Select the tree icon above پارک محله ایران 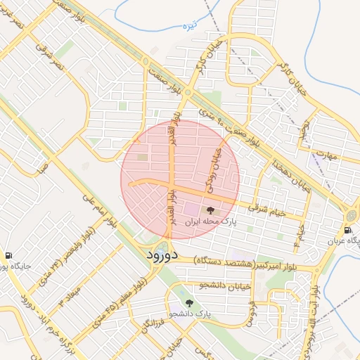pyautogui.click(x=210, y=210)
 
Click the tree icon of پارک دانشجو pyautogui.click(x=188, y=303)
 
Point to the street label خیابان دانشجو pyautogui.click(x=221, y=285)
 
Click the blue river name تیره pyautogui.click(x=188, y=27)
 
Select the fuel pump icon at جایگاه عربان pyautogui.click(x=348, y=230)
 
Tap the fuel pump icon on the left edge pyautogui.click(x=8, y=255)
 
